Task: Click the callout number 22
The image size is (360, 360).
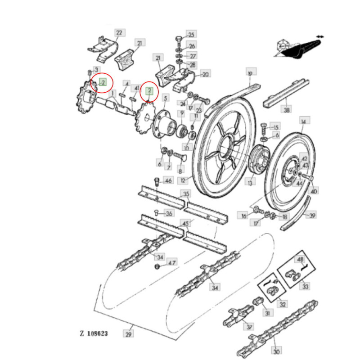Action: click(119, 33)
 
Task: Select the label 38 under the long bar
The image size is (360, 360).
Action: click(287, 109)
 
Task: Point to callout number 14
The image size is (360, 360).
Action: click(303, 121)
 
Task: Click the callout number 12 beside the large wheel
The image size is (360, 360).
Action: click(183, 181)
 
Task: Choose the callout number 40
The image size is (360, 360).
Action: click(314, 191)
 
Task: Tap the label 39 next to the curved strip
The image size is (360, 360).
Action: click(313, 215)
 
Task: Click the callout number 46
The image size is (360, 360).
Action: click(168, 181)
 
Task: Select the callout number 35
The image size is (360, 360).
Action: click(186, 194)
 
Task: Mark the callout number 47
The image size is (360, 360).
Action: click(172, 262)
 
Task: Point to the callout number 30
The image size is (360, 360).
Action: click(277, 352)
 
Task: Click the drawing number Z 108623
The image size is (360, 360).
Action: click(94, 334)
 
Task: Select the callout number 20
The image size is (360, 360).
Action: click(206, 74)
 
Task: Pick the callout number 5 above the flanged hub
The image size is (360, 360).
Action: click(165, 98)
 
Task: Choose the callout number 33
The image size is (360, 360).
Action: click(306, 286)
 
